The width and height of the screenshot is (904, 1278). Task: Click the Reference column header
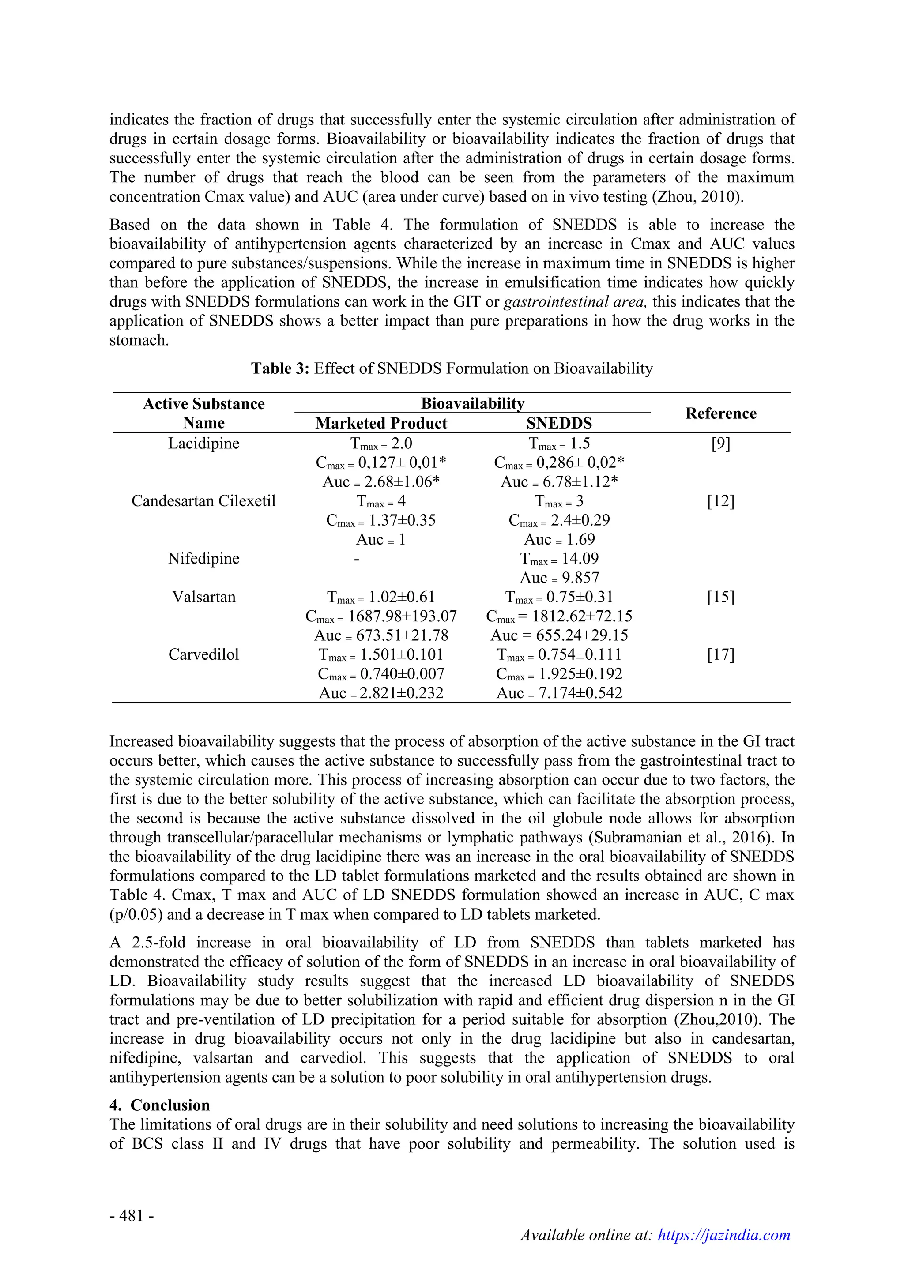pyautogui.click(x=720, y=413)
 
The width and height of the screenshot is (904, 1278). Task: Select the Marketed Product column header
pyautogui.click(x=381, y=424)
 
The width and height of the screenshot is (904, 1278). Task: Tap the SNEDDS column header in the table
pyautogui.click(x=559, y=424)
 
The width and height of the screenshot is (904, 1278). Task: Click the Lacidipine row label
pyautogui.click(x=204, y=444)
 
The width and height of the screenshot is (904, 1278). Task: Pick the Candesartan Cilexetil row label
pyautogui.click(x=204, y=501)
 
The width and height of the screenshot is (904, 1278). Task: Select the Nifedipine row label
pyautogui.click(x=204, y=559)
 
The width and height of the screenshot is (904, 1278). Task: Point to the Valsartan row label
pyautogui.click(x=204, y=597)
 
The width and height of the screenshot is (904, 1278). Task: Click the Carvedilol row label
pyautogui.click(x=204, y=654)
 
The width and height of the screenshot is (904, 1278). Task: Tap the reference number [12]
pyautogui.click(x=720, y=501)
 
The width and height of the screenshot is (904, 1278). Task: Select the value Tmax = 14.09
pyautogui.click(x=559, y=559)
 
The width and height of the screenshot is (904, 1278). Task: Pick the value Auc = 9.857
pyautogui.click(x=559, y=579)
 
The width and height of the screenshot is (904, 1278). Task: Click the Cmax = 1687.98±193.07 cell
pyautogui.click(x=381, y=617)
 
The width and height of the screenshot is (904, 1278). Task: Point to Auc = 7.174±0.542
pyautogui.click(x=559, y=694)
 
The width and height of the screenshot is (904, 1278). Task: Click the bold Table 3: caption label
pyautogui.click(x=280, y=368)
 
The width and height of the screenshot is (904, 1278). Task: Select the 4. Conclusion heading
pyautogui.click(x=160, y=1105)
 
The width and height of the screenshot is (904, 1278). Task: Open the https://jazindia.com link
pyautogui.click(x=723, y=1250)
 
